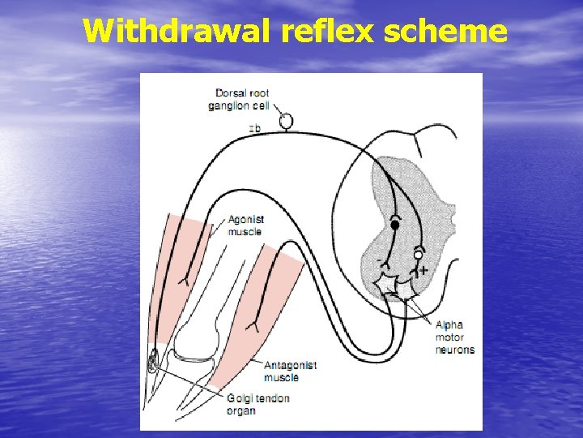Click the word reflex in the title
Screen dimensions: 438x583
327,32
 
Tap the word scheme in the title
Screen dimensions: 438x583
446,32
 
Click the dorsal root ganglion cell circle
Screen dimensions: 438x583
286,121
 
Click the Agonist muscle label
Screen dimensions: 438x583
246,225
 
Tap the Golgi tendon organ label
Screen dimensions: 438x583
257,404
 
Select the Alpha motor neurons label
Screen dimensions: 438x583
454,337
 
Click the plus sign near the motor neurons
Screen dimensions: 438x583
423,270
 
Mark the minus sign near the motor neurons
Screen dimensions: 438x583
379,260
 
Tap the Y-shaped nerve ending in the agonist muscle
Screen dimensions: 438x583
182,280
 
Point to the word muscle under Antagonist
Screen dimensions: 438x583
281,377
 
